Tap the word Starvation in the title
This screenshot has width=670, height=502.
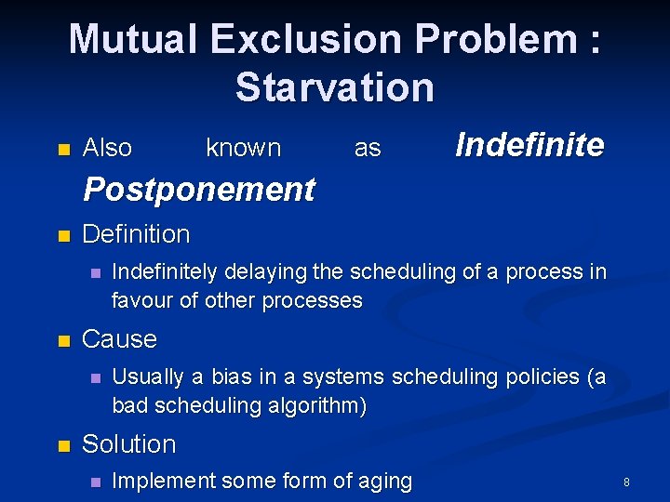pos(335,87)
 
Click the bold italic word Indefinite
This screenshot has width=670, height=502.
pos(529,145)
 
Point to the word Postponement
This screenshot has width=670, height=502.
pos(199,190)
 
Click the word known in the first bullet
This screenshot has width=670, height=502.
pos(243,148)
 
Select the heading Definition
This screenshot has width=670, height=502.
pos(136,234)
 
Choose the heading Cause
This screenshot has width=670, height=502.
pos(119,339)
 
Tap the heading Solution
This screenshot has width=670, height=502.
pos(128,444)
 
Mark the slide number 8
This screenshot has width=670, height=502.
pos(626,482)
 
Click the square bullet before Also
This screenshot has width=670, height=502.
pos(63,149)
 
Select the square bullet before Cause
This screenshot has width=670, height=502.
pos(63,341)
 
